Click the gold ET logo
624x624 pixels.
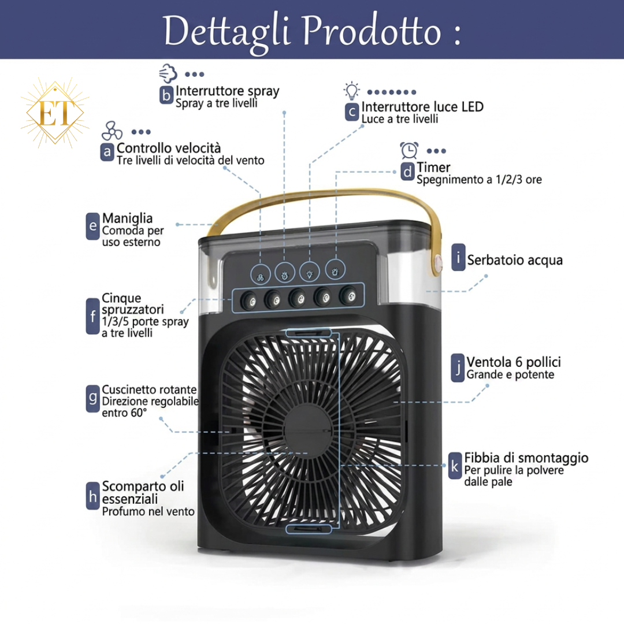(x=55, y=113)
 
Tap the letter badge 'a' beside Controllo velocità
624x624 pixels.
(x=107, y=152)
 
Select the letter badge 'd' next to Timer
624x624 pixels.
(x=407, y=172)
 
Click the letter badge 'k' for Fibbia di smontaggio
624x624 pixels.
(x=455, y=466)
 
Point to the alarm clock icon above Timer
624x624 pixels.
(x=409, y=150)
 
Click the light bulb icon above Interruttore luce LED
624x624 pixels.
(x=352, y=91)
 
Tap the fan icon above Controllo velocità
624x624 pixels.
(x=112, y=131)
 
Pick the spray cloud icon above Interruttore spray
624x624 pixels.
(x=168, y=73)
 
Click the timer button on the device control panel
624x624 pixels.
(x=335, y=270)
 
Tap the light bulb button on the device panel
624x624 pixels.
(x=310, y=272)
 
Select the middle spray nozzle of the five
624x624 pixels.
(x=298, y=298)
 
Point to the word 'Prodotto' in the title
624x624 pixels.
(x=372, y=31)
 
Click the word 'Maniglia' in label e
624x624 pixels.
(x=127, y=218)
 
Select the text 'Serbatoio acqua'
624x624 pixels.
(x=515, y=260)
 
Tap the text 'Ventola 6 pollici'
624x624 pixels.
(x=514, y=362)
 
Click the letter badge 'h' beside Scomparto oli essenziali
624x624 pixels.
(x=92, y=496)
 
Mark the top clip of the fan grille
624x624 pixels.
(x=309, y=332)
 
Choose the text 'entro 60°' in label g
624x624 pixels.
(x=124, y=413)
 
